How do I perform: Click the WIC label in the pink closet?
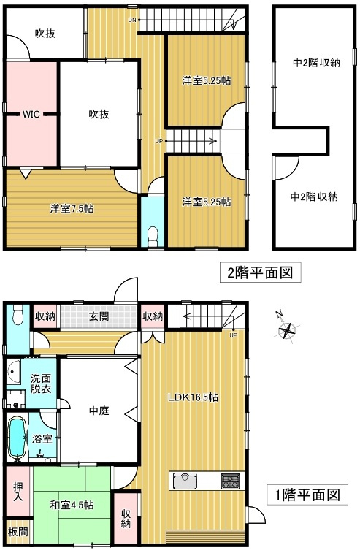point(30,114)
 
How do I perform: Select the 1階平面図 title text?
point(307,495)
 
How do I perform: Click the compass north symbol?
point(289,330)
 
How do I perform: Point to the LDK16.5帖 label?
point(192,397)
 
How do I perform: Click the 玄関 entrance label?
point(100,316)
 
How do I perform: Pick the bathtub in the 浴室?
point(18,437)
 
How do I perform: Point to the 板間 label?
point(16,532)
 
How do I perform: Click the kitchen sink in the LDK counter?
point(183,481)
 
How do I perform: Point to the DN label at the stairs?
point(131,20)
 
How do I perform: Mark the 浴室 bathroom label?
point(41,439)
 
